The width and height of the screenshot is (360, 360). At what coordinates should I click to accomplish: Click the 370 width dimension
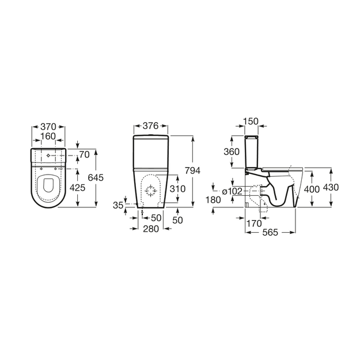tap(48, 127)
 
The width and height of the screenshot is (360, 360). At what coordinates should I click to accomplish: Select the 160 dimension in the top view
tap(48, 136)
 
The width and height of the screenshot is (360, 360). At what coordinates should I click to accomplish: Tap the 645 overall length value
tap(96, 177)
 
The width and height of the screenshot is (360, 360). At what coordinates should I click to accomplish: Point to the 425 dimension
tap(77, 188)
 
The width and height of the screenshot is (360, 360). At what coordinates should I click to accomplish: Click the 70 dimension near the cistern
tap(85, 155)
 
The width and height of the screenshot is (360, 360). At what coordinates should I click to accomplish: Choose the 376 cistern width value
tap(150, 126)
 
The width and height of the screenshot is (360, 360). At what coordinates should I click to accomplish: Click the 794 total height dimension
tap(193, 170)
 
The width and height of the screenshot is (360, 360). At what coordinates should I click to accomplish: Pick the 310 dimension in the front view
tap(177, 189)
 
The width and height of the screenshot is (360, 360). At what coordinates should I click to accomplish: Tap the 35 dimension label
tap(118, 205)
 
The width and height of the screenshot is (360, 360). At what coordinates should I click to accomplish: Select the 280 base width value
tap(151, 229)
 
